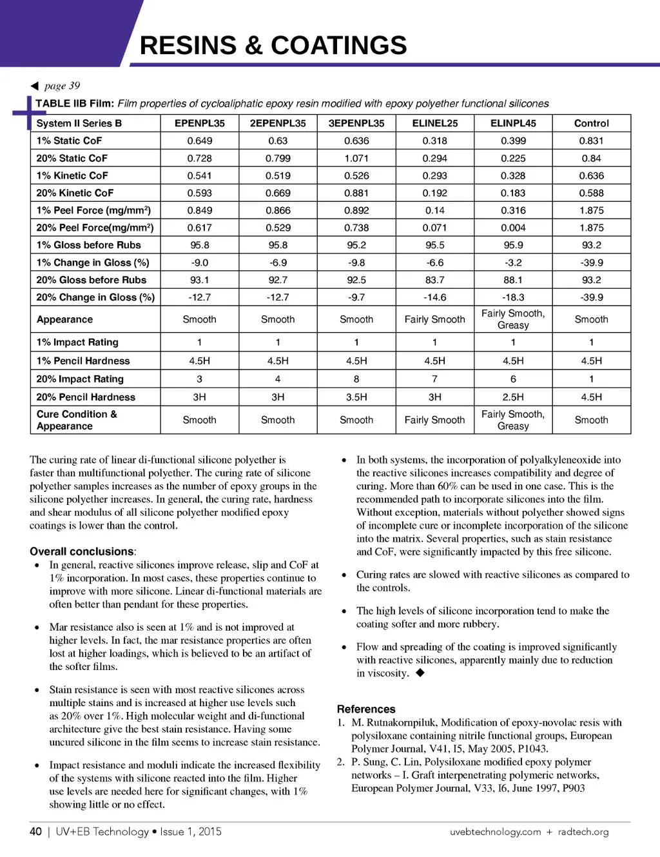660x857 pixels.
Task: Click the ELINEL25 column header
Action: coord(434,123)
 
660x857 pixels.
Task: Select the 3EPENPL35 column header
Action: coord(356,123)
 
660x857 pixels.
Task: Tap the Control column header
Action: coord(591,123)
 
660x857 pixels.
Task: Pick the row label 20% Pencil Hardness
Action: coord(86,397)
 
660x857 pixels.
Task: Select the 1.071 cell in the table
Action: coord(356,158)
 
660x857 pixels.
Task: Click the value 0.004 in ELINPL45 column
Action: coord(513,228)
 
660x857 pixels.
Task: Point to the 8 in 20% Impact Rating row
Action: coord(356,379)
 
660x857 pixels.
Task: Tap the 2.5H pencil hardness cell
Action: coord(513,397)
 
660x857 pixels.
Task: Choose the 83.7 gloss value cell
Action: coord(434,280)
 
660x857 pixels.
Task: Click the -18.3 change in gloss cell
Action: coord(513,297)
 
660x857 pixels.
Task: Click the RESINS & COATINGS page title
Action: coord(273,45)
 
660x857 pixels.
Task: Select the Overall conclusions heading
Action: coord(82,551)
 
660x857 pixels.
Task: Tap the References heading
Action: coord(366,709)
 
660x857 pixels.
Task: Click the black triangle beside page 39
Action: coord(35,86)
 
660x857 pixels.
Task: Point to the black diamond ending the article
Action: coord(420,673)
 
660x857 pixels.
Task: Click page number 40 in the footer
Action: coord(35,831)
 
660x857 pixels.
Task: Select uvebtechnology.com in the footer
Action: coord(495,832)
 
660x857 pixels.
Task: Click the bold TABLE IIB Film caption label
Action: coord(75,104)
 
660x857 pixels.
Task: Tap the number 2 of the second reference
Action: coord(340,762)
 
